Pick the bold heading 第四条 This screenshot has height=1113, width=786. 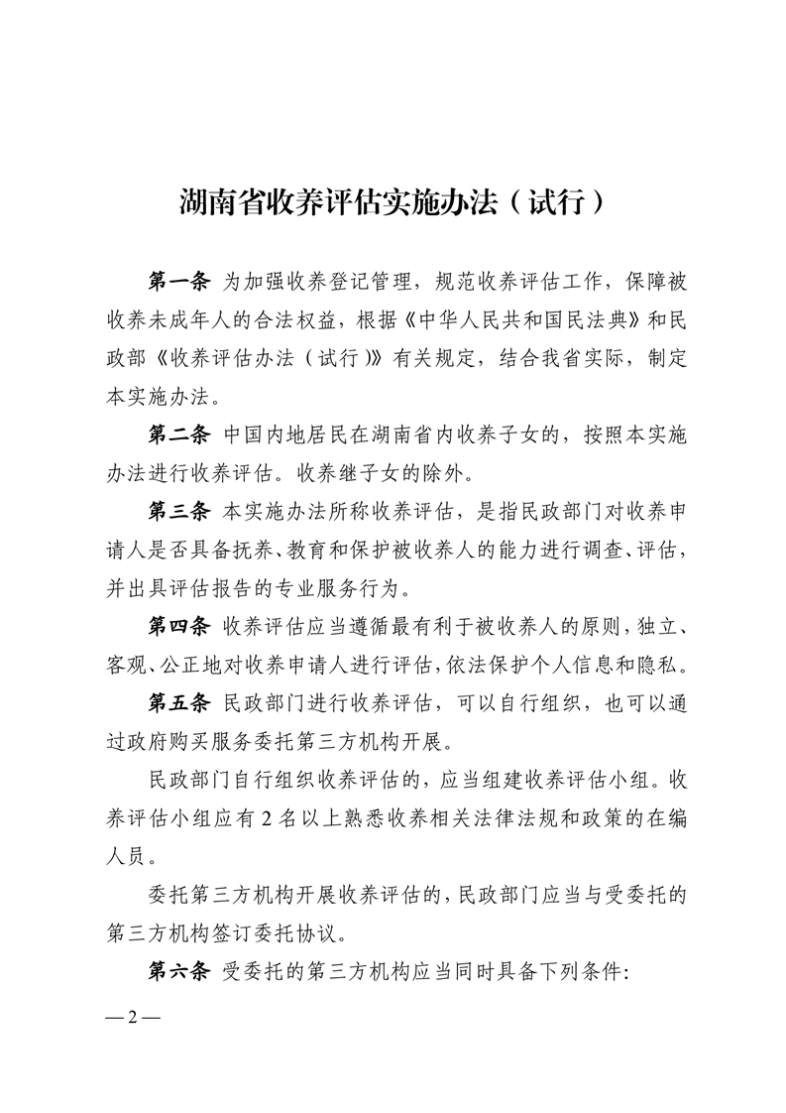(178, 625)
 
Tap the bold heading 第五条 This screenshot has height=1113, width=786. (178, 701)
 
